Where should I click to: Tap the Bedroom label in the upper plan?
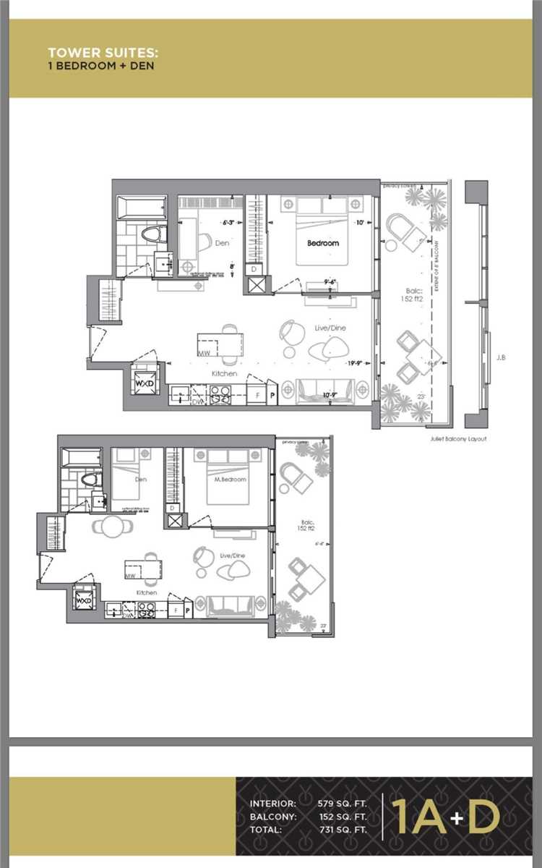322,243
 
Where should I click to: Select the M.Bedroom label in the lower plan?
231,479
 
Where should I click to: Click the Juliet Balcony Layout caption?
457,438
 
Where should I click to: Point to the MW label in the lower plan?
131,576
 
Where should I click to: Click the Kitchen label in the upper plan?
224,373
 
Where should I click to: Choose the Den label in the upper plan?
222,243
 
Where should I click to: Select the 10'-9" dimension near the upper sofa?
330,395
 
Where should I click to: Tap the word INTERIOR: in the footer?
272,804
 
